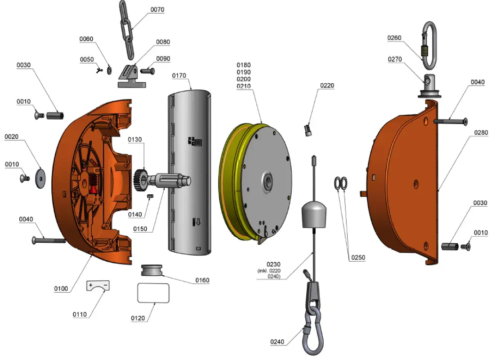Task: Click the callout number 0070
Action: click(157, 10)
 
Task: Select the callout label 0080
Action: click(163, 42)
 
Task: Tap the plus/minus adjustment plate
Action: click(98, 286)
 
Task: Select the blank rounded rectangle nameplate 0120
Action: click(153, 293)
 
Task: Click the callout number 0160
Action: click(203, 280)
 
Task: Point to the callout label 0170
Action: click(179, 75)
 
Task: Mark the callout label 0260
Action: click(395, 38)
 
